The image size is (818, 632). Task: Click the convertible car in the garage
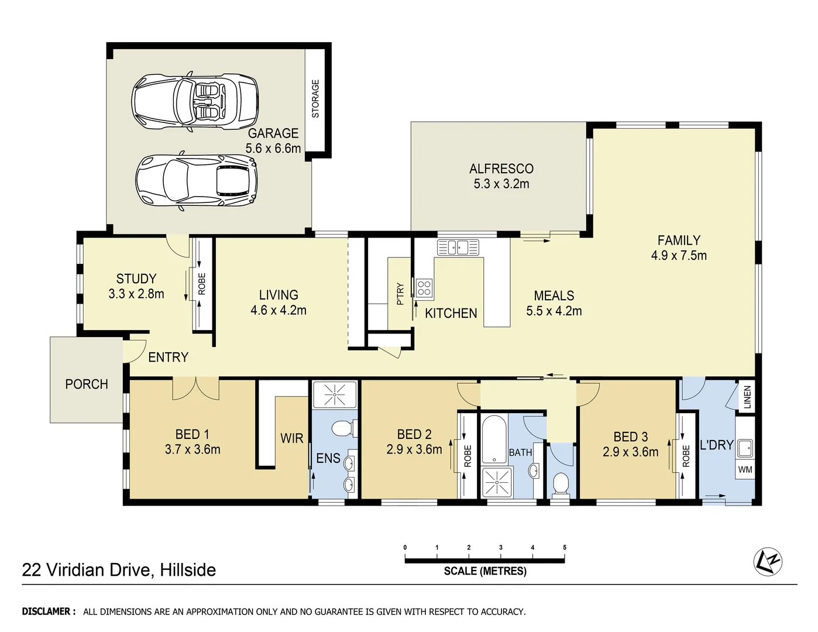coord(195,102)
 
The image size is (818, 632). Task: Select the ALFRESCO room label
coord(501,169)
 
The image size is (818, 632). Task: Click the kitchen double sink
coord(458,248)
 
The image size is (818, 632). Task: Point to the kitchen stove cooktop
coord(424,287)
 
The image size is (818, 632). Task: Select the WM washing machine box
coord(745,469)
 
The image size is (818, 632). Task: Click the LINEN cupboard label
coord(747,397)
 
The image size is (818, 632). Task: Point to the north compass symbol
coord(768,561)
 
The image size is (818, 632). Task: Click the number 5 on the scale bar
coord(564,548)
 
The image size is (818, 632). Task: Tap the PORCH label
coord(87,384)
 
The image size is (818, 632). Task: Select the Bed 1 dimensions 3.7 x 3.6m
coord(193,449)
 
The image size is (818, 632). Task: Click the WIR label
coord(291,438)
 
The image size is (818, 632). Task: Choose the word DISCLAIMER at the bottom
coord(49,612)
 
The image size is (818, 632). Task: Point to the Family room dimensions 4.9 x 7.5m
coord(678,255)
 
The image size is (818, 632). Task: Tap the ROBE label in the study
coord(202,284)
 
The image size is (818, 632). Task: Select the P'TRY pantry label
coord(400,294)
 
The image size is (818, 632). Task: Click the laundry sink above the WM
coord(745,448)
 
